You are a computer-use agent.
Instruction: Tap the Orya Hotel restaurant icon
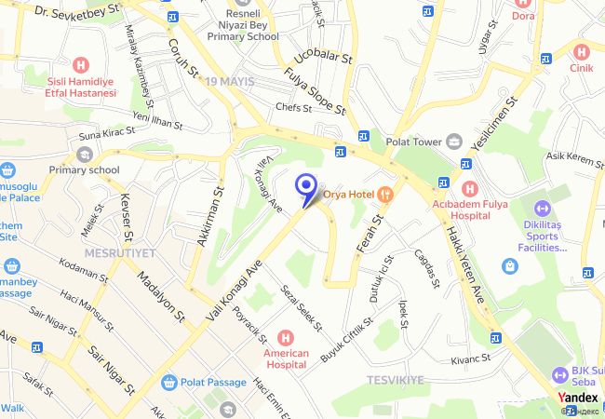tap(387, 194)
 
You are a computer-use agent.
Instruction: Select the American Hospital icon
tap(286, 337)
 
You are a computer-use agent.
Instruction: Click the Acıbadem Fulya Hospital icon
tap(467, 188)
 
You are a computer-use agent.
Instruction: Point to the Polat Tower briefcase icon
tap(453, 141)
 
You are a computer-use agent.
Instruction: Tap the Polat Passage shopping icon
tap(168, 382)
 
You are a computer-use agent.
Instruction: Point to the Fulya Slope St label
tap(316, 92)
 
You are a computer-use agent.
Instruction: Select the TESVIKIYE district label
tap(396, 380)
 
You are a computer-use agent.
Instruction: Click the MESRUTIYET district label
tap(115, 252)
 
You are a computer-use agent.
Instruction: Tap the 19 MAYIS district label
tap(230, 81)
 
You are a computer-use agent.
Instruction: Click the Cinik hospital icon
tap(583, 51)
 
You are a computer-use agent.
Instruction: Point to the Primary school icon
tap(85, 154)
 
